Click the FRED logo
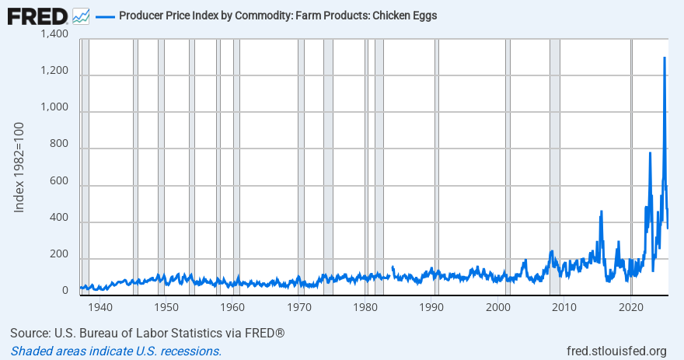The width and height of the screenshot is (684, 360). point(37,16)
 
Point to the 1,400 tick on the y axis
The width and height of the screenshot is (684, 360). point(54,34)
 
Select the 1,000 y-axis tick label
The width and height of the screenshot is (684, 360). point(54,108)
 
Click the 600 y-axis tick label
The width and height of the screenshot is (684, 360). point(59,182)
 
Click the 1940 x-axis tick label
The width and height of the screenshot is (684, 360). point(99,306)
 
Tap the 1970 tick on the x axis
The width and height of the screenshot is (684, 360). point(298,306)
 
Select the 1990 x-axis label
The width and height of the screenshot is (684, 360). point(431,306)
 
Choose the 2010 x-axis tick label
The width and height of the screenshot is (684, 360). point(564,306)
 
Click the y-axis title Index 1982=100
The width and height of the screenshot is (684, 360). point(21,166)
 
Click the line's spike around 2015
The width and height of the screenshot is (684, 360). point(601,212)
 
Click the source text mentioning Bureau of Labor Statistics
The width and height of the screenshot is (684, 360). point(148,334)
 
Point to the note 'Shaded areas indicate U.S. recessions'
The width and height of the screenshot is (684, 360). point(116,351)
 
